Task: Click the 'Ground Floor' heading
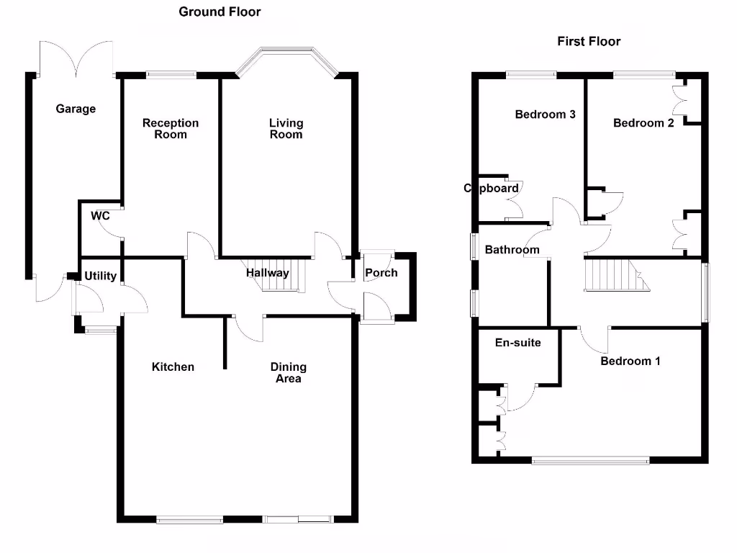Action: (220, 12)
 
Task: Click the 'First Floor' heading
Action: (589, 41)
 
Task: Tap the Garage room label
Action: (76, 109)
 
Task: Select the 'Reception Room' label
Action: (171, 128)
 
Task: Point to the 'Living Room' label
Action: (286, 128)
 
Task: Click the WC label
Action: (99, 215)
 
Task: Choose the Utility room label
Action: (100, 276)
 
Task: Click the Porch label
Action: (381, 273)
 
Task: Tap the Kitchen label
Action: (173, 367)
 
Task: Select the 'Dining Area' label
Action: (289, 372)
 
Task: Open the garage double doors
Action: (76, 58)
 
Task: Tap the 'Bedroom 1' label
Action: (630, 361)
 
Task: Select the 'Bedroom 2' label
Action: (643, 123)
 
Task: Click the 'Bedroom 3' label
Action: (545, 114)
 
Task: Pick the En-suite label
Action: (518, 343)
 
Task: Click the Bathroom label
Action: (512, 250)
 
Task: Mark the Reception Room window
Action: (171, 73)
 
